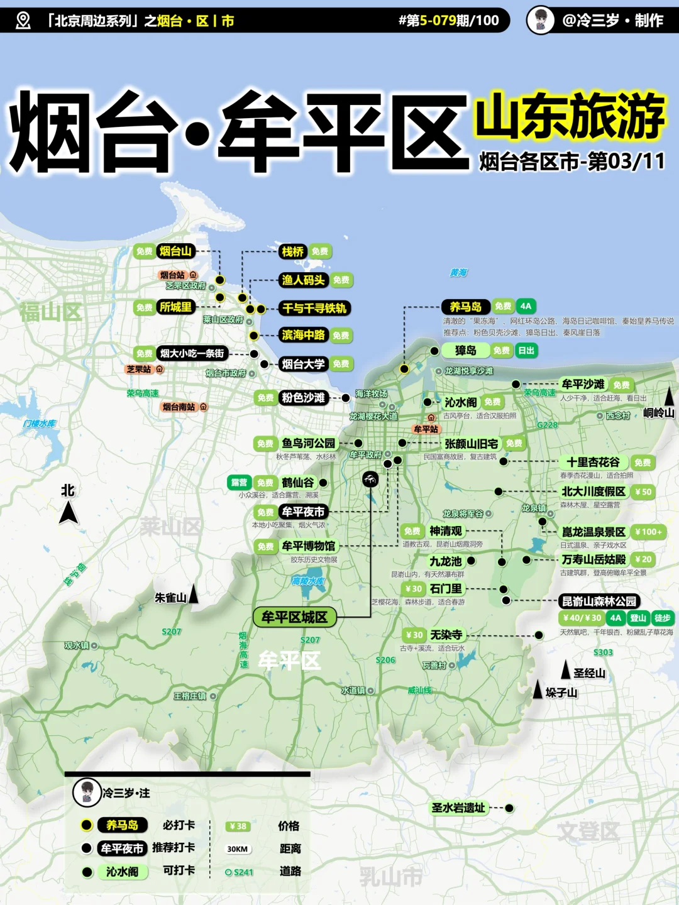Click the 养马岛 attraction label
(x=465, y=307)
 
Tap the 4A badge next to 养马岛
(x=526, y=307)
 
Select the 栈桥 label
(x=292, y=252)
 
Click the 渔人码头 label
(x=303, y=280)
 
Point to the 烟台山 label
(x=175, y=251)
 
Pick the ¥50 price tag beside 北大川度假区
(x=643, y=492)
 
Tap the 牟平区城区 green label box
(x=294, y=617)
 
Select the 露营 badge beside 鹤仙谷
(x=239, y=483)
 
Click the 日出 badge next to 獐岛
(x=526, y=351)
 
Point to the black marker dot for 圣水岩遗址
(x=509, y=808)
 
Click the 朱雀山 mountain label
(x=170, y=598)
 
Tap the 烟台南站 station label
(x=179, y=407)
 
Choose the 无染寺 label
(x=446, y=635)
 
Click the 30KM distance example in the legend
(x=238, y=849)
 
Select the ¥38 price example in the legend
(x=238, y=826)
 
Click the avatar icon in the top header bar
(x=540, y=20)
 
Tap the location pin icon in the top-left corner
(x=23, y=21)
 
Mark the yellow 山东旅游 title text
(x=570, y=116)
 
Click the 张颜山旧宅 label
(x=471, y=444)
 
